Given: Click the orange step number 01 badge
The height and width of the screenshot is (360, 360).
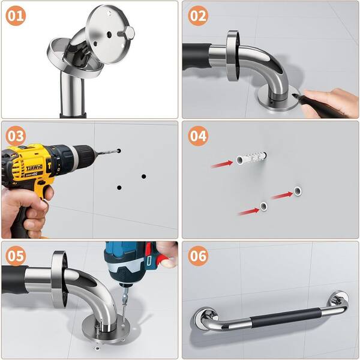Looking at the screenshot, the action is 16,16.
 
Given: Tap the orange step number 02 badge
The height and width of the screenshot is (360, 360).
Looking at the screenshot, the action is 198,16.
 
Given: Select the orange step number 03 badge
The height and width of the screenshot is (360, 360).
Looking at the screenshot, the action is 16,136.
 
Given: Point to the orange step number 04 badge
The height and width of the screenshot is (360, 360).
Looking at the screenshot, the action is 198,136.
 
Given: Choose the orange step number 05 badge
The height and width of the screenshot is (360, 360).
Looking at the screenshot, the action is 16,256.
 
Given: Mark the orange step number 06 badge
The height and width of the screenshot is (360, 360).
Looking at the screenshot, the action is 198,256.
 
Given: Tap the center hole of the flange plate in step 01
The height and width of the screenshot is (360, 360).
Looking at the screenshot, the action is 109,35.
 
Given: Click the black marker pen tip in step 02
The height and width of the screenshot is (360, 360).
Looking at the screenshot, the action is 294,95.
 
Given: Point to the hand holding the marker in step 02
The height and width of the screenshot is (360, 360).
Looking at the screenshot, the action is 331,102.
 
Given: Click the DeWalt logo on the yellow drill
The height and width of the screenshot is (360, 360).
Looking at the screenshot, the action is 34,168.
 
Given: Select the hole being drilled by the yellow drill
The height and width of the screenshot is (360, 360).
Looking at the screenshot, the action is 119,151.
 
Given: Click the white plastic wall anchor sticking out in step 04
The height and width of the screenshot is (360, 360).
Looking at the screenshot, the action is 251,158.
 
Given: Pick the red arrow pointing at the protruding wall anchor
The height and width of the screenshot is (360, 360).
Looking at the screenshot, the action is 222,164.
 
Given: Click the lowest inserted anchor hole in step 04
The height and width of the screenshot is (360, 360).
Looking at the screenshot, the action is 263,206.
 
